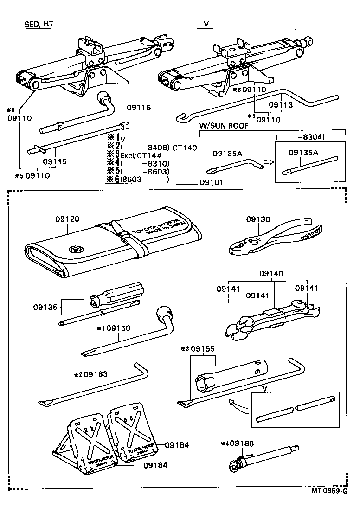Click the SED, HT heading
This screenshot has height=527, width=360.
39,25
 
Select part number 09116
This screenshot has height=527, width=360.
139,108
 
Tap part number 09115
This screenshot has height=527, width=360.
55,162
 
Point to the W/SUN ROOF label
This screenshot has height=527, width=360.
224,126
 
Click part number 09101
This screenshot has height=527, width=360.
212,183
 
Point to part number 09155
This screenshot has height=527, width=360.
203,348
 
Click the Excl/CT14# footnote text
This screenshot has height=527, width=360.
139,155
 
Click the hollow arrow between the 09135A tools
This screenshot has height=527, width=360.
267,161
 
